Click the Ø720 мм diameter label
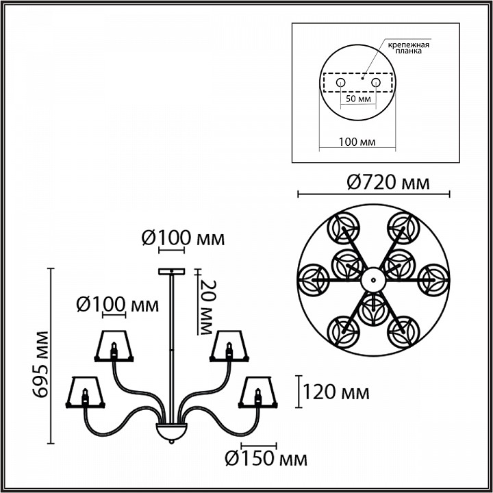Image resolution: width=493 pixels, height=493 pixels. tap(388, 183)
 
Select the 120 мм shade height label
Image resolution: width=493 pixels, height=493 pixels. tap(336, 393)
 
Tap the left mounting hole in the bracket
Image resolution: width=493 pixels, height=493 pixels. tap(340, 83)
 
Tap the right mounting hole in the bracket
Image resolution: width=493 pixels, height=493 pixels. tap(375, 83)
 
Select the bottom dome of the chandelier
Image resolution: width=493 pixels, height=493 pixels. tap(169, 431)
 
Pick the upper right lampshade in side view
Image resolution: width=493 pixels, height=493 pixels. tap(228, 345)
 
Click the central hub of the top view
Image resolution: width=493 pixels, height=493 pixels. tap(372, 279)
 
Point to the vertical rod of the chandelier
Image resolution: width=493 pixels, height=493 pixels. tap(170, 342)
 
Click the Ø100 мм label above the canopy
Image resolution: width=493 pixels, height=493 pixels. tap(183, 238)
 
